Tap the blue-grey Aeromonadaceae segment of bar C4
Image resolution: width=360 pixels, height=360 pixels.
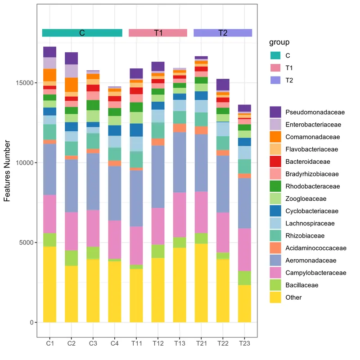pyautogui.click(x=114, y=193)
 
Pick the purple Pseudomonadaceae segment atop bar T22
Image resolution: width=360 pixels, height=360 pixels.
pyautogui.click(x=223, y=85)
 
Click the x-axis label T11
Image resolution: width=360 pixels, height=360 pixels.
pyautogui.click(x=136, y=344)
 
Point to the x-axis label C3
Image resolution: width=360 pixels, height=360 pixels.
pyautogui.click(x=93, y=344)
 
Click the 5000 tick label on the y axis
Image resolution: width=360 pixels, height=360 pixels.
pyautogui.click(x=27, y=243)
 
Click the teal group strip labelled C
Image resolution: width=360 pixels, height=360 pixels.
pyautogui.click(x=82, y=33)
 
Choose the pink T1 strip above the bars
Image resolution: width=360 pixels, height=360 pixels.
pyautogui.click(x=157, y=33)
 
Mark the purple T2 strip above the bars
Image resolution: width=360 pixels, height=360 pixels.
pyautogui.click(x=222, y=33)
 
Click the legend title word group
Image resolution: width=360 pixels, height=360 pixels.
pyautogui.click(x=279, y=43)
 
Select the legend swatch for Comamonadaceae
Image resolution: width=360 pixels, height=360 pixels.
pyautogui.click(x=275, y=137)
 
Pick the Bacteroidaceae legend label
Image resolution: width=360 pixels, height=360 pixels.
pyautogui.click(x=308, y=162)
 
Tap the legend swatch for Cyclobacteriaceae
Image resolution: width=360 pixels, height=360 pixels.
pyautogui.click(x=275, y=211)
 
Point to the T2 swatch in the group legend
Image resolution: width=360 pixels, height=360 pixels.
pyautogui.click(x=275, y=80)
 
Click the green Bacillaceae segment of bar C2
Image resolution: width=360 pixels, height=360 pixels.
pyautogui.click(x=71, y=258)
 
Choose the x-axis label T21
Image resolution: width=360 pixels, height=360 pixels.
pyautogui.click(x=201, y=344)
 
